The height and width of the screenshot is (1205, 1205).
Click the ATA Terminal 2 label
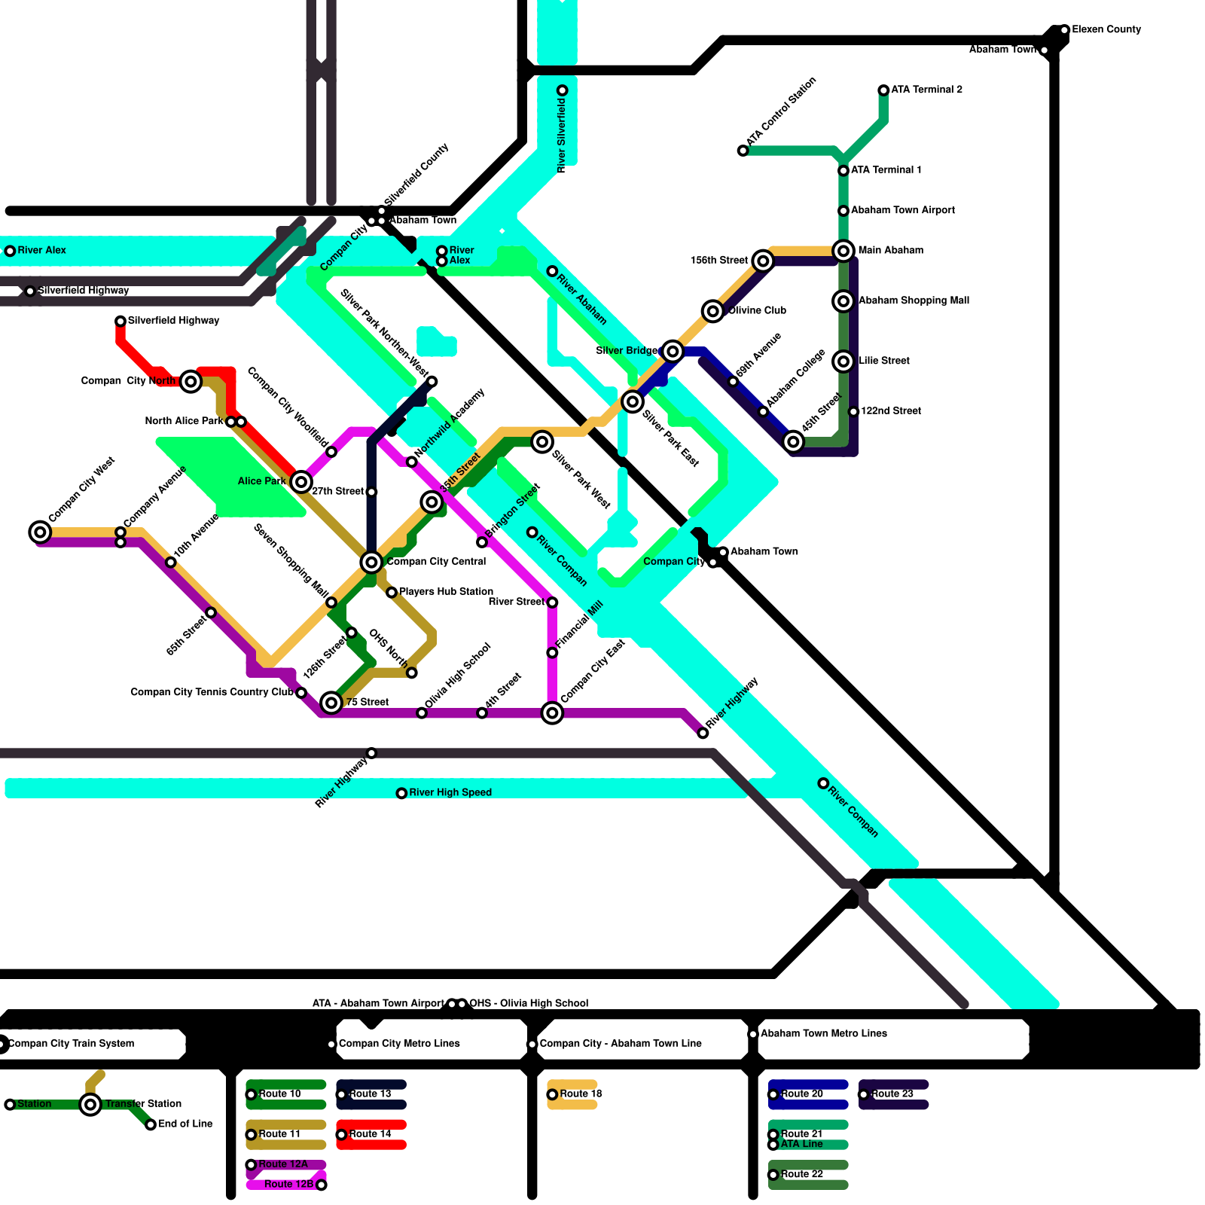pyautogui.click(x=926, y=90)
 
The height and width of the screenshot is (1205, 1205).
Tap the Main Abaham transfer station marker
pyautogui.click(x=843, y=251)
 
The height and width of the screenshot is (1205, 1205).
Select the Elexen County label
pyautogui.click(x=1106, y=29)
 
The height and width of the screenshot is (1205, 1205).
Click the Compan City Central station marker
pyautogui.click(x=371, y=562)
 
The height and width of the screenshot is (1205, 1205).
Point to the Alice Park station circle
pyautogui.click(x=301, y=481)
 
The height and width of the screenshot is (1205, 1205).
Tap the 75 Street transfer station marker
pyautogui.click(x=331, y=703)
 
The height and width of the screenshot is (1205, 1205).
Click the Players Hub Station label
pyautogui.click(x=446, y=592)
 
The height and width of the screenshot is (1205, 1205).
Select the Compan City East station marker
pyautogui.click(x=552, y=712)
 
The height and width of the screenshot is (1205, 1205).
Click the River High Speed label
pyautogui.click(x=450, y=792)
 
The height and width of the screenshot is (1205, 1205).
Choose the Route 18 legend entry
pyautogui.click(x=580, y=1094)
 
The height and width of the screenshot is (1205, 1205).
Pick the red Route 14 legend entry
pyautogui.click(x=370, y=1134)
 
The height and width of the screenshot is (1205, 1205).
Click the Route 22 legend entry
pyautogui.click(x=801, y=1174)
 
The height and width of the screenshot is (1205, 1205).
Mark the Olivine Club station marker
pyautogui.click(x=712, y=310)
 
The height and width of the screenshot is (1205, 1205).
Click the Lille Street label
pyautogui.click(x=884, y=361)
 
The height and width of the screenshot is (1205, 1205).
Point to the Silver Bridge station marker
pyautogui.click(x=673, y=351)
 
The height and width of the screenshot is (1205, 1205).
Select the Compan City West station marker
pyautogui.click(x=40, y=532)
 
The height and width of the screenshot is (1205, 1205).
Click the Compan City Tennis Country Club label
pyautogui.click(x=212, y=692)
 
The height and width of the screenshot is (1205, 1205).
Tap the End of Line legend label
pyautogui.click(x=185, y=1124)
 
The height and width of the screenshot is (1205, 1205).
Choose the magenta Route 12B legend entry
pyautogui.click(x=288, y=1185)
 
